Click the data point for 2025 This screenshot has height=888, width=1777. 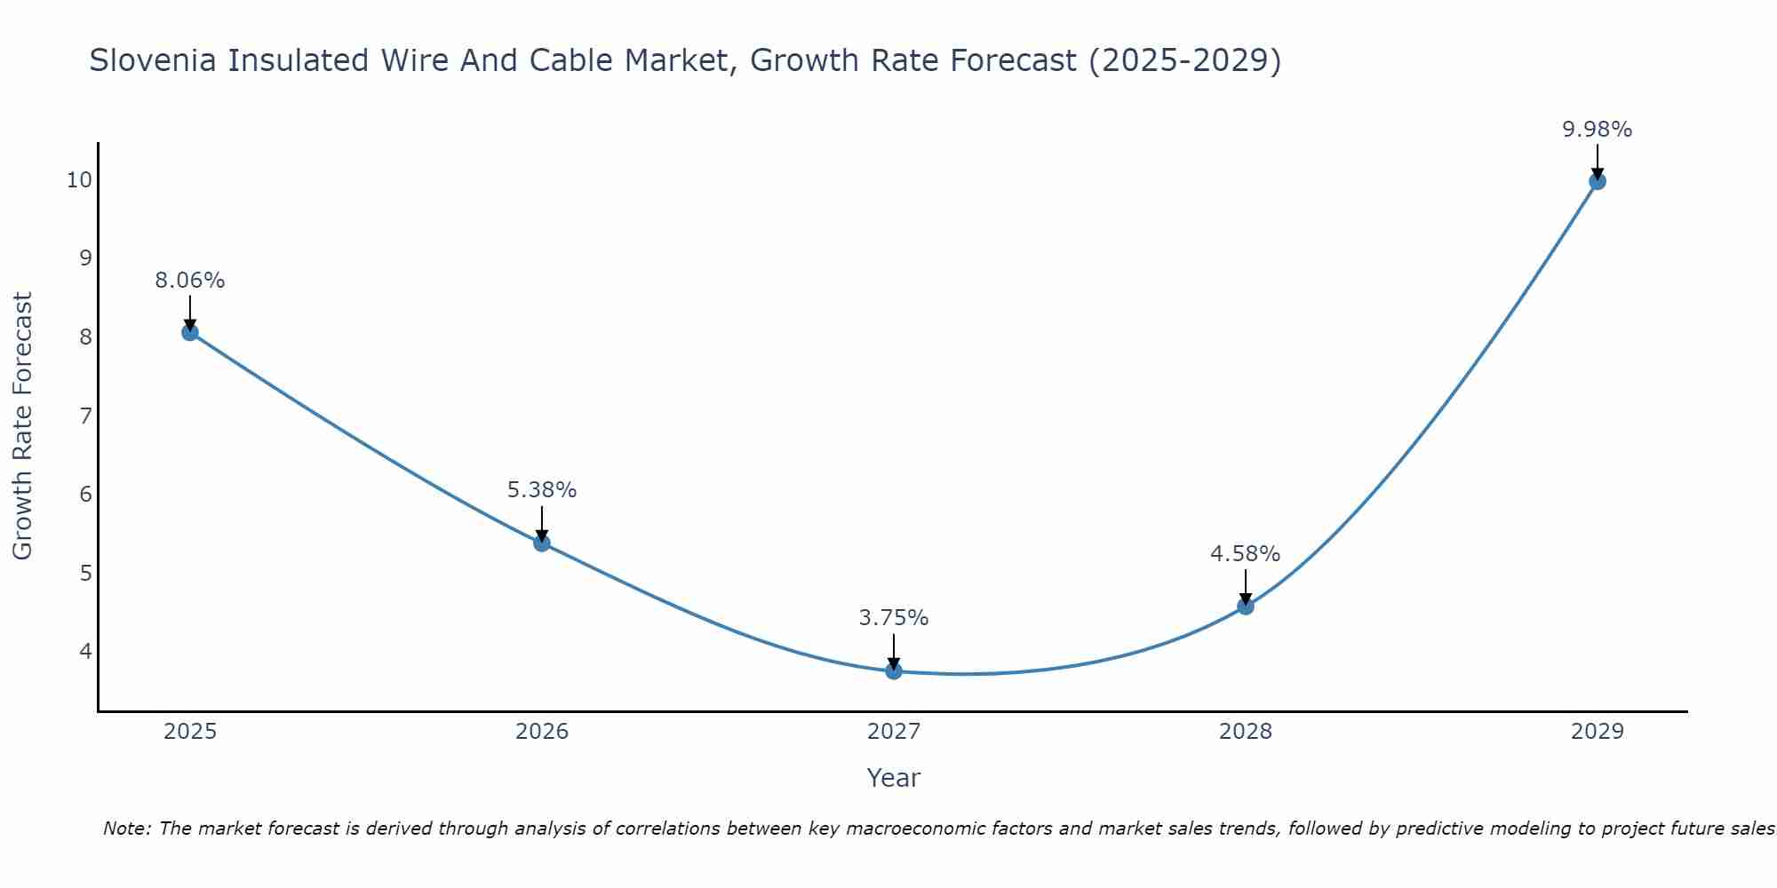tap(190, 332)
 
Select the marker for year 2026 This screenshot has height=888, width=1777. tap(542, 543)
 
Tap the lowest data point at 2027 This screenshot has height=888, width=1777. tap(894, 670)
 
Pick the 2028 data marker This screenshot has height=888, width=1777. tap(1246, 607)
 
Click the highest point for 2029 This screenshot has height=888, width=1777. tap(1597, 181)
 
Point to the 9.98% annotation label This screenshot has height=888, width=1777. tap(1597, 130)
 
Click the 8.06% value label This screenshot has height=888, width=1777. tap(190, 281)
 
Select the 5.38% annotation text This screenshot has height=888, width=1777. tap(542, 490)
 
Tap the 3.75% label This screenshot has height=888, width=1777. tap(894, 618)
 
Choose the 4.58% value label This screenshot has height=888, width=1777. tap(1246, 554)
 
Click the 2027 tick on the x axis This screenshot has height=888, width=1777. tap(894, 732)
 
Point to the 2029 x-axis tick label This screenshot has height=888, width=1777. tap(1597, 732)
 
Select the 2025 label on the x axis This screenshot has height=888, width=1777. tap(190, 732)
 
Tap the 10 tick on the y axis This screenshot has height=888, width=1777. tap(79, 180)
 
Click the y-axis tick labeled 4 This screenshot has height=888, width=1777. tap(85, 652)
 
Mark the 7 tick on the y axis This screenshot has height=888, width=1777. tap(85, 416)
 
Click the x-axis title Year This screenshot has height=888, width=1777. tap(894, 778)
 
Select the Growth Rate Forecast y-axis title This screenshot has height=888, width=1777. tap(22, 426)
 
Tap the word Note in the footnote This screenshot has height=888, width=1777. tap(125, 829)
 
